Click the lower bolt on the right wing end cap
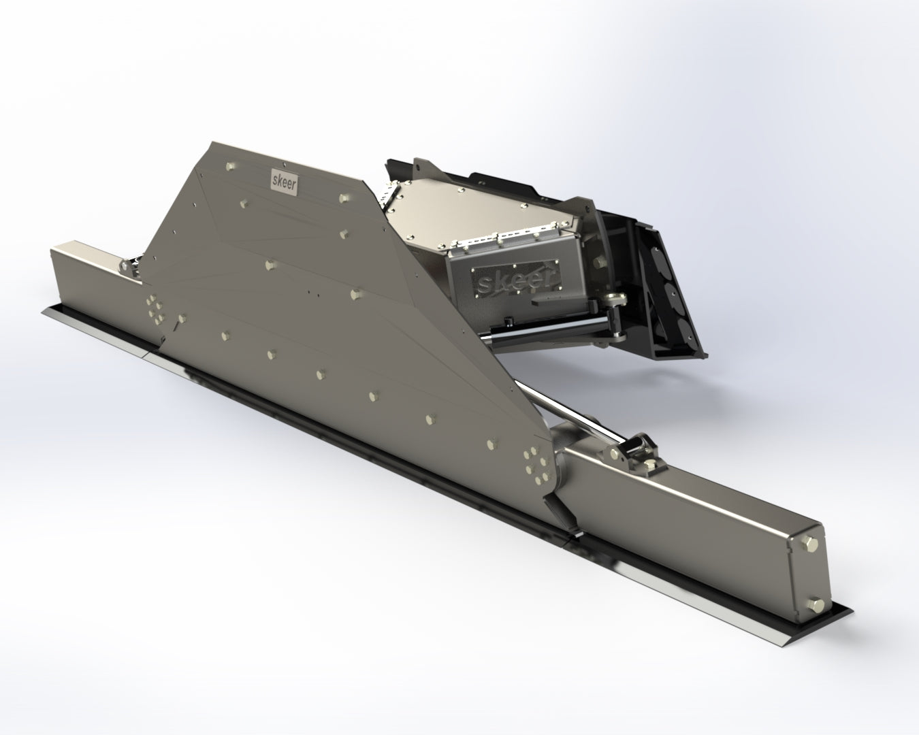tap(815, 603)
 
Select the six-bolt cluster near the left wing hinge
tap(155, 307)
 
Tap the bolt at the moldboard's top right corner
tap(343, 198)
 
